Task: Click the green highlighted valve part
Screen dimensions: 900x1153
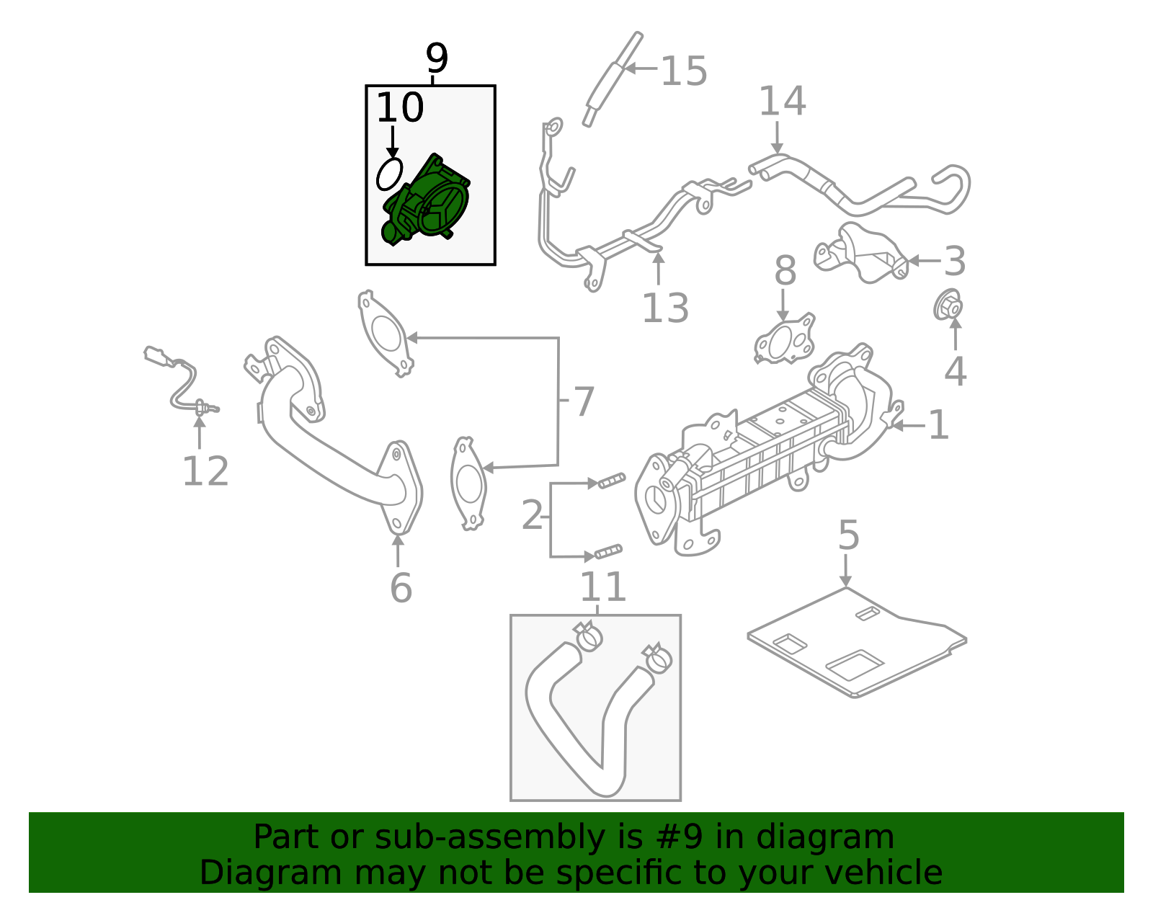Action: (429, 202)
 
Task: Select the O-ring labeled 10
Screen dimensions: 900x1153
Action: (389, 174)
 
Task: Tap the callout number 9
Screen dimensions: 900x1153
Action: (436, 58)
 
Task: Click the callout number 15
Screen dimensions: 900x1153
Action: (683, 71)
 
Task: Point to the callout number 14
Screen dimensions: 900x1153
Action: (782, 102)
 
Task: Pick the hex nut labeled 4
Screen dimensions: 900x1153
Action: (948, 306)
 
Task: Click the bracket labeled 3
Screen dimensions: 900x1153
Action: (862, 256)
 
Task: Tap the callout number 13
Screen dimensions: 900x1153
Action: (664, 308)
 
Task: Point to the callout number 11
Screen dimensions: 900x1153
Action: (602, 587)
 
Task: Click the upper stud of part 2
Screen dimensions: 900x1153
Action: (611, 480)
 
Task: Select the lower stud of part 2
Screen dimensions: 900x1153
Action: (607, 553)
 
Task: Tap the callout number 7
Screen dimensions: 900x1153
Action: (582, 402)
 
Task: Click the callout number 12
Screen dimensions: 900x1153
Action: (205, 472)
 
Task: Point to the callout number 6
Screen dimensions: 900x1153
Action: (401, 588)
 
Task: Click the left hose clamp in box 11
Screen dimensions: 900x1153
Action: (589, 636)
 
